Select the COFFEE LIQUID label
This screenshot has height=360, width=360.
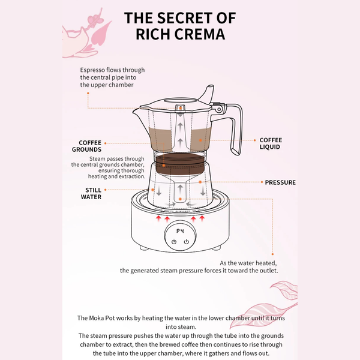(x=269, y=143)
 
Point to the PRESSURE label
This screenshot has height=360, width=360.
(x=280, y=182)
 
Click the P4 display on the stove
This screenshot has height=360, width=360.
(x=179, y=231)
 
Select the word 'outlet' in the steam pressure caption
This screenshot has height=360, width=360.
(x=266, y=271)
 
